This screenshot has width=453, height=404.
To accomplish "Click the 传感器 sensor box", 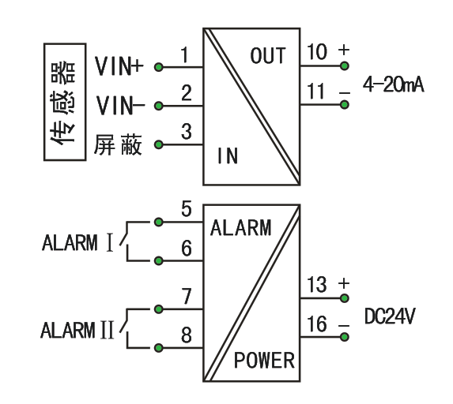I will (x=64, y=102).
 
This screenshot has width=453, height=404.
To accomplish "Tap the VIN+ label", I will (x=119, y=66).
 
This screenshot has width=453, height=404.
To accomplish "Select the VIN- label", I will (x=119, y=104).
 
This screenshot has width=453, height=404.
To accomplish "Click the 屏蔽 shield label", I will (x=119, y=145).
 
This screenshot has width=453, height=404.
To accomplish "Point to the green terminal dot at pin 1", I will (x=158, y=67).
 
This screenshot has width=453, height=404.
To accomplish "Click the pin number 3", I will (x=187, y=131).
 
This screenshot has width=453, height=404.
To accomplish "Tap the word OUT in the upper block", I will (x=267, y=56).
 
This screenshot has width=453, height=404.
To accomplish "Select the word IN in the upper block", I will (x=227, y=155).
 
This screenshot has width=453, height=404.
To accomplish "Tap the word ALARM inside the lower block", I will (x=240, y=229).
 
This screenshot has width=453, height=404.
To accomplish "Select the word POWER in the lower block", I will (x=264, y=361).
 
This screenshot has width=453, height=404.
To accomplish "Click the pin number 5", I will (x=187, y=210).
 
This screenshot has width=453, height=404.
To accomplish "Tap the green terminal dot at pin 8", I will (x=158, y=347).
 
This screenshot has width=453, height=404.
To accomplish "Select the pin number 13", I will (x=317, y=286).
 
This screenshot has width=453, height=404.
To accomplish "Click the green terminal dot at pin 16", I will (x=344, y=336).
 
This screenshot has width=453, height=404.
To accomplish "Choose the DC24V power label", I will (x=391, y=317).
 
